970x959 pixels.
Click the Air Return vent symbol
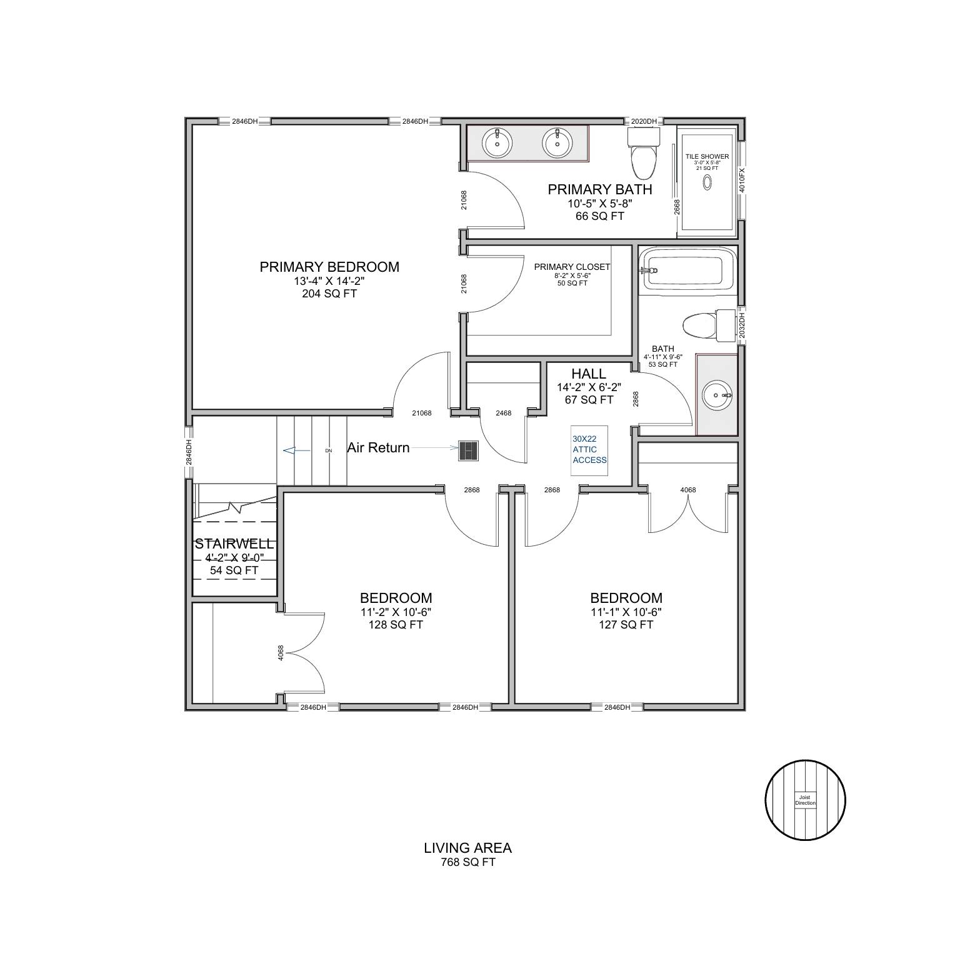(x=469, y=450)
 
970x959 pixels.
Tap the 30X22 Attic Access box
(x=589, y=450)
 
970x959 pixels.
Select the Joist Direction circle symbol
(x=805, y=800)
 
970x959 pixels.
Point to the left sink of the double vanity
(x=497, y=143)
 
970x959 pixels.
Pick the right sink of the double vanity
(x=556, y=143)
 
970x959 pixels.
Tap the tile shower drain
(x=707, y=182)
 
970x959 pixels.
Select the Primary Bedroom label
(x=329, y=267)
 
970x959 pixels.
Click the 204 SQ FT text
(x=329, y=294)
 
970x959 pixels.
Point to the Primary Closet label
(x=572, y=267)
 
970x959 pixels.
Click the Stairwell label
(x=234, y=544)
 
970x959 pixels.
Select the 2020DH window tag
(x=644, y=121)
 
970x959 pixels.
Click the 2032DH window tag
(x=742, y=326)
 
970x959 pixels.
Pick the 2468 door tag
(x=503, y=413)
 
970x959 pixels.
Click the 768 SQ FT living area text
(x=467, y=863)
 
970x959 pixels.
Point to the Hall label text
(x=589, y=374)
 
